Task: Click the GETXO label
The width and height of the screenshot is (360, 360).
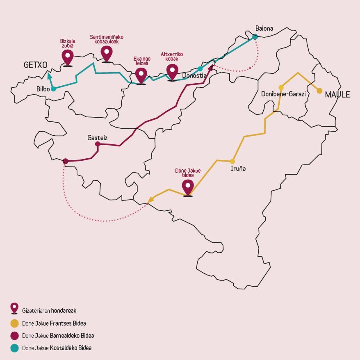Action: coord(36,65)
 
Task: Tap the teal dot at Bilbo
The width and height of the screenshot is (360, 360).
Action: coord(53,89)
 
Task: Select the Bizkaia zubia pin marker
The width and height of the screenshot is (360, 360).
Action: coord(67,57)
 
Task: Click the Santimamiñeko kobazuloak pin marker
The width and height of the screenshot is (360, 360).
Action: coord(107,53)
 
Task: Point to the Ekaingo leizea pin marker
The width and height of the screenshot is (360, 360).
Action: coord(141,75)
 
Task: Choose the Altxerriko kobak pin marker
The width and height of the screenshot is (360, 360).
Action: coord(172,72)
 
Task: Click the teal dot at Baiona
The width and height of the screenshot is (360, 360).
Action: coord(255,37)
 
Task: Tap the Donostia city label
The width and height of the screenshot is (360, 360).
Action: coord(194,75)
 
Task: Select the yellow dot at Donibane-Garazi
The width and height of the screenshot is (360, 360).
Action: coord(281,87)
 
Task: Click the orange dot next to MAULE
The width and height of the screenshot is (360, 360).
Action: coord(319,91)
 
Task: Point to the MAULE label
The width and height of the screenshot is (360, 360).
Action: coord(337,95)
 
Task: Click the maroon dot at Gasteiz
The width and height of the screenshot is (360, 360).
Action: coord(98,144)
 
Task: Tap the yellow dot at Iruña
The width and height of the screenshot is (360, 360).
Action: coord(232,161)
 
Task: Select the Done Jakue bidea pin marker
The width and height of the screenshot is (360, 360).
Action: coord(188,187)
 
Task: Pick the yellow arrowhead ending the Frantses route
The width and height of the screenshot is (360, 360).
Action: coord(150,199)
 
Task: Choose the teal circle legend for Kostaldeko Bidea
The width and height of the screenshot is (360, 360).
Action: coord(14,348)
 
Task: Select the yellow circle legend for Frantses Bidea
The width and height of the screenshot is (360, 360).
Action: coord(14,323)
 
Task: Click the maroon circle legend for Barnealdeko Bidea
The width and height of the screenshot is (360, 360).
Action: coord(14,335)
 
